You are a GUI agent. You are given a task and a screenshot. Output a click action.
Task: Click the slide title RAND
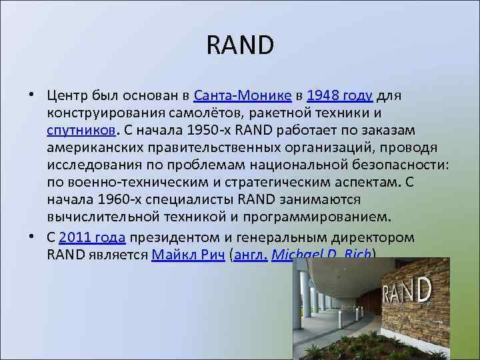pos(240,46)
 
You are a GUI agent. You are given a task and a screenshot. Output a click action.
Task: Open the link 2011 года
pos(92,237)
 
